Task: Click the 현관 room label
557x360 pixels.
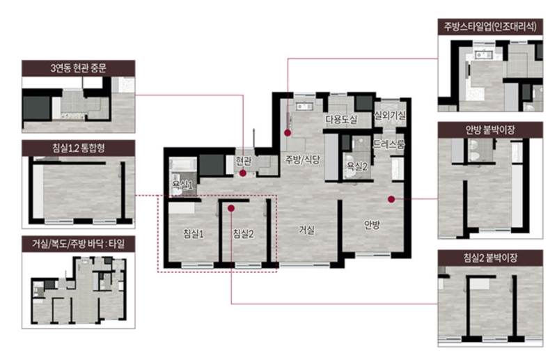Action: coord(244,162)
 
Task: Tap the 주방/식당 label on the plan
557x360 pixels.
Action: coord(302,159)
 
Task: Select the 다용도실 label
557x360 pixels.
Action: coord(341,119)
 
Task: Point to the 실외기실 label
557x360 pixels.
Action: coord(390,115)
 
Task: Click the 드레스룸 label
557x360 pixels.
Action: coord(389,144)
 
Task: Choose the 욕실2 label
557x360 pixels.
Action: coord(357,166)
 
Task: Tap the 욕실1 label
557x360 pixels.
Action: coord(182,185)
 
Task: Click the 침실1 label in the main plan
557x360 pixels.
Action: coord(194,233)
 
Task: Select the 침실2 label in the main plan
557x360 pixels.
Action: coord(243,233)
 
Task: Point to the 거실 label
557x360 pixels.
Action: coord(306,230)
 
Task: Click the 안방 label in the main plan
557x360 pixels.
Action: coord(372,225)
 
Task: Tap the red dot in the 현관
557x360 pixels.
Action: coord(243,173)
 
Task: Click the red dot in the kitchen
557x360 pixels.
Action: coord(288,133)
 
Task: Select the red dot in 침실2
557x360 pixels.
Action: coord(231,208)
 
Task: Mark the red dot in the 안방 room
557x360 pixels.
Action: coord(391,199)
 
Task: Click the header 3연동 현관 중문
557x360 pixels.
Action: coord(79,68)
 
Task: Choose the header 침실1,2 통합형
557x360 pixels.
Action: coord(79,148)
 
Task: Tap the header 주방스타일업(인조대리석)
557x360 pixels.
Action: coord(490,26)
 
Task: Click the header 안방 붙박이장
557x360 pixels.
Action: coord(490,130)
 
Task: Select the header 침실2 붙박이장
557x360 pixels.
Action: coord(490,258)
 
